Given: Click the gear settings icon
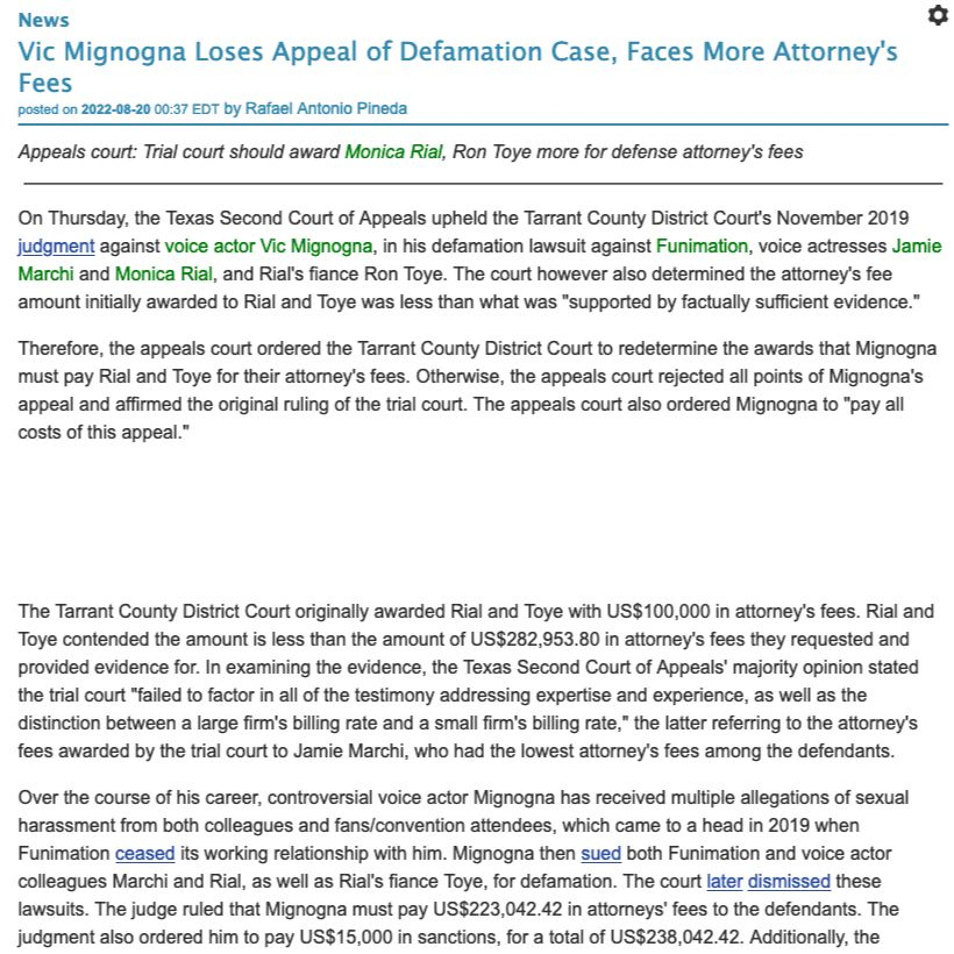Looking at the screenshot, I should click(x=937, y=16).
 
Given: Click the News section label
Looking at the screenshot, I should click(x=44, y=20).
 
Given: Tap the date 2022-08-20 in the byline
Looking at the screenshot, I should click(x=115, y=109).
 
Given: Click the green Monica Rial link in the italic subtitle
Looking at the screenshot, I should click(x=393, y=152).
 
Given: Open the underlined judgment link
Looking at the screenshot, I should click(x=56, y=246).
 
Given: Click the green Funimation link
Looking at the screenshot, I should click(x=702, y=246).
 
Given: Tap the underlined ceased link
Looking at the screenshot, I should click(x=145, y=853).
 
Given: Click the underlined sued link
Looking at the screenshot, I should click(x=600, y=853).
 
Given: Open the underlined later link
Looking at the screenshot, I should click(x=724, y=881).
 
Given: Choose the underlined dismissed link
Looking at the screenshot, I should click(x=789, y=881).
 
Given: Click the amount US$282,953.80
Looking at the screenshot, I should click(x=535, y=639).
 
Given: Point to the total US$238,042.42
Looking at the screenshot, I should click(x=674, y=937).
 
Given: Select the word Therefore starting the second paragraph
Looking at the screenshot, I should click(x=60, y=349).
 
